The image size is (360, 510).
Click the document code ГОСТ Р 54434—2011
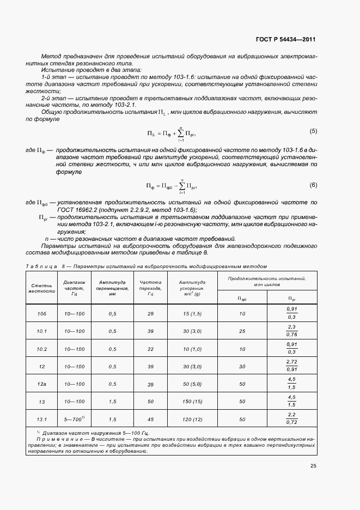[x=285, y=40]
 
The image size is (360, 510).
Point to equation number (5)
[x=313, y=131]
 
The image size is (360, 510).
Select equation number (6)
[x=313, y=185]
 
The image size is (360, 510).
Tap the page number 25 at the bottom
[x=313, y=466]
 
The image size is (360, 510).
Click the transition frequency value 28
[x=150, y=314]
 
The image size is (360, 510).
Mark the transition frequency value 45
[x=150, y=419]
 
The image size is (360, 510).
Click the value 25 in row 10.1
[x=242, y=331]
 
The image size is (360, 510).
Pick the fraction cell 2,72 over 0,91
[x=291, y=366]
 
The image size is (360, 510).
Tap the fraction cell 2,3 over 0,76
[x=291, y=331]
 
